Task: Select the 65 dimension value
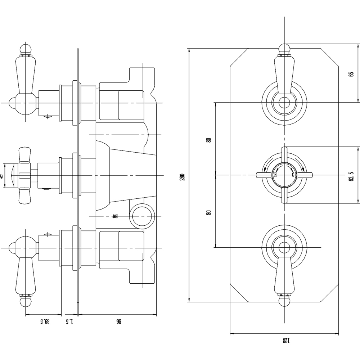tap(351, 74)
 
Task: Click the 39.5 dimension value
tap(45, 321)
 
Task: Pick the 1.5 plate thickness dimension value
tap(70, 321)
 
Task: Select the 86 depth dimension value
tap(118, 321)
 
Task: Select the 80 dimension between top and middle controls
tap(208, 140)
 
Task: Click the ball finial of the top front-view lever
tap(284, 48)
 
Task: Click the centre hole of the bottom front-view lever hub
tap(284, 247)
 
